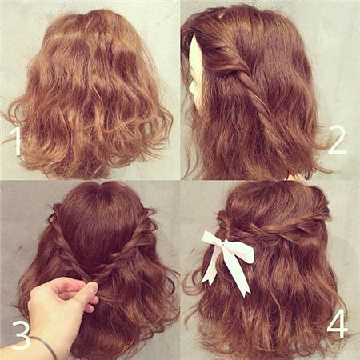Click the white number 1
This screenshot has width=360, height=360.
(x=18, y=142)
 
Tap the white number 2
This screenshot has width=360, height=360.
(x=337, y=140)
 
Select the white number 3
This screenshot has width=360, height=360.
(x=21, y=335)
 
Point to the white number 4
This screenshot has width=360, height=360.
(x=338, y=324)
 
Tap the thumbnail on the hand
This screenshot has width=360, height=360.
(x=93, y=288)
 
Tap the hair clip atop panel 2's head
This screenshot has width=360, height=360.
(x=219, y=15)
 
